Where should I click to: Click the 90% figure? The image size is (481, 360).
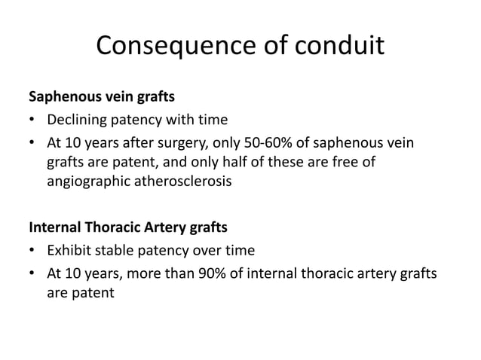[219, 274]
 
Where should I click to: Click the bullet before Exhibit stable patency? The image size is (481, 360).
[32, 251]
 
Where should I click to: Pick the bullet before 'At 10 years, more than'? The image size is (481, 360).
[32, 274]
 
